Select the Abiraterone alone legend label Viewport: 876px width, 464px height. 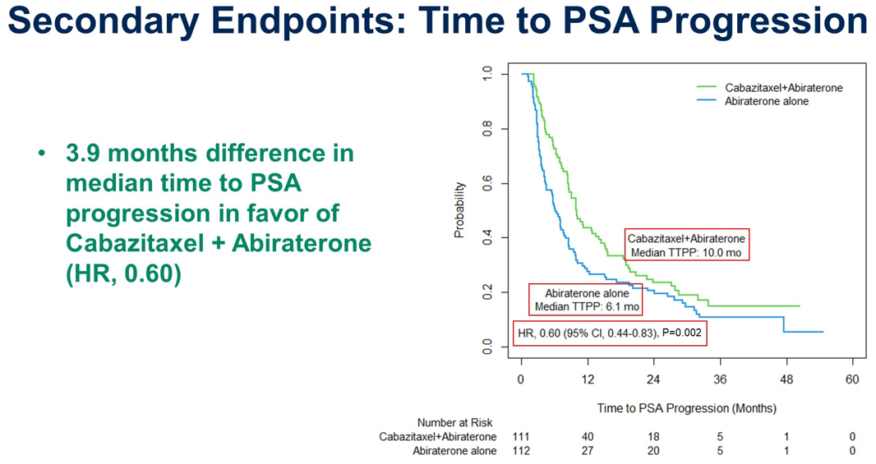[x=766, y=101]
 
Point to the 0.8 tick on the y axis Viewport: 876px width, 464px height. [x=488, y=129]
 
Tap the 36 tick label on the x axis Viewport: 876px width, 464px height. [x=720, y=379]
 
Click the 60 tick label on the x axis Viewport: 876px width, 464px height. [x=852, y=379]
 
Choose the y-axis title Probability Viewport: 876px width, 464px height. [x=459, y=211]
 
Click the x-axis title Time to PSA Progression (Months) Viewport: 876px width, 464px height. [x=686, y=408]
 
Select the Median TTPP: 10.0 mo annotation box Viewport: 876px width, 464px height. [x=686, y=246]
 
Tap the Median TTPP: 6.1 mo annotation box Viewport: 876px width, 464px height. [x=587, y=300]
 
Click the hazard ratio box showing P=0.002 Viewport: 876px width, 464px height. [x=610, y=333]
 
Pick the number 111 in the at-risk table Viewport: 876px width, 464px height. [x=521, y=437]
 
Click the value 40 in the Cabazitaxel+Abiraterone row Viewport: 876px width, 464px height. [x=588, y=437]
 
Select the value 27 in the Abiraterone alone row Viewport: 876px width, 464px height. [x=588, y=451]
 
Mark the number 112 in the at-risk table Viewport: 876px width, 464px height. [x=521, y=451]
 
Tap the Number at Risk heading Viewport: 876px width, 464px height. [x=454, y=423]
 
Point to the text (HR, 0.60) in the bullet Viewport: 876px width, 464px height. [x=123, y=273]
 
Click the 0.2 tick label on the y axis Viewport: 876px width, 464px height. [x=488, y=293]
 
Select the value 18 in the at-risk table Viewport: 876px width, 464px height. [x=653, y=437]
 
